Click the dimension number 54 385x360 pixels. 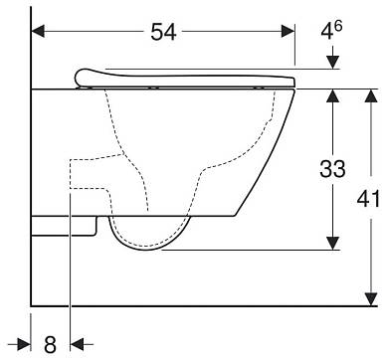click(x=163, y=33)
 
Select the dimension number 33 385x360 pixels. click(x=332, y=168)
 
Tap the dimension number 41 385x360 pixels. click(x=368, y=200)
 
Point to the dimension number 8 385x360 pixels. click(x=50, y=344)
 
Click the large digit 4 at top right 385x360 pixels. click(x=326, y=32)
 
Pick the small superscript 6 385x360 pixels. click(x=338, y=26)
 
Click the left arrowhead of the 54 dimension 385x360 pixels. click(x=38, y=32)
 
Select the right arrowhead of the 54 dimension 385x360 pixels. click(x=288, y=32)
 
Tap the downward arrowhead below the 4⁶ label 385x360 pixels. click(x=333, y=63)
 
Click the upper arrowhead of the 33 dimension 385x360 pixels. click(x=333, y=95)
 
